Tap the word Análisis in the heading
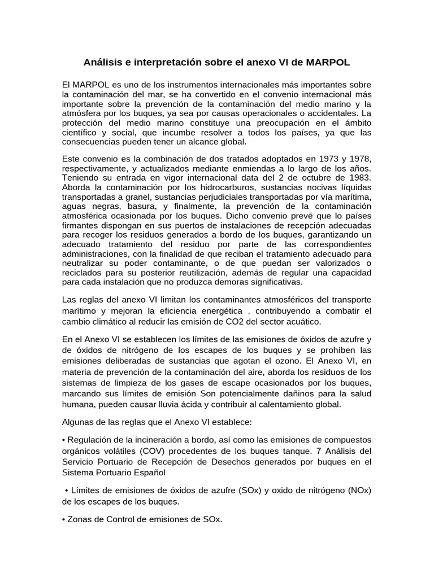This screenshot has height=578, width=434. click(x=103, y=60)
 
